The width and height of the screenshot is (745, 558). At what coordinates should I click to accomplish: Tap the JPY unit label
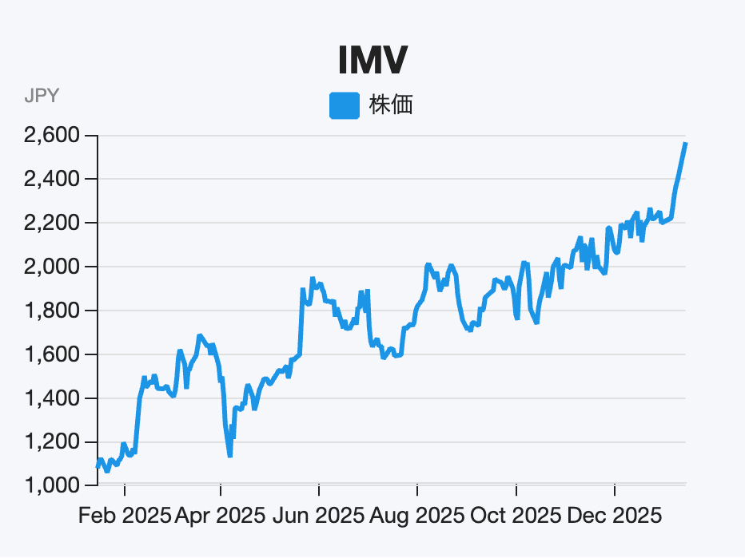pyautogui.click(x=42, y=97)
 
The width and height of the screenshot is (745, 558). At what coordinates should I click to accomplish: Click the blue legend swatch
pyautogui.click(x=344, y=105)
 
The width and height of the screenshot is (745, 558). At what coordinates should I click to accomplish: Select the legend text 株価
pyautogui.click(x=391, y=105)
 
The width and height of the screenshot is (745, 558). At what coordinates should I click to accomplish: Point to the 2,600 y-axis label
pyautogui.click(x=51, y=136)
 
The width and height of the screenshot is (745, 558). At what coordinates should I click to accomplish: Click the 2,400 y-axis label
pyautogui.click(x=51, y=180)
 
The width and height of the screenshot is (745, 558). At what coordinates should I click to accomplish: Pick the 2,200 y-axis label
pyautogui.click(x=51, y=224)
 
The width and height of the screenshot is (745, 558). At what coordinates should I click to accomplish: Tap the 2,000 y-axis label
pyautogui.click(x=51, y=267)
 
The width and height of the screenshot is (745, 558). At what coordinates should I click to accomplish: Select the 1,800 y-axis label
pyautogui.click(x=51, y=311)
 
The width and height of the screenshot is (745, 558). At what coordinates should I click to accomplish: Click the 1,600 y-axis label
pyautogui.click(x=51, y=354)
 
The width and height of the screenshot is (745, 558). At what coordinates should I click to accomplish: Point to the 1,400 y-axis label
pyautogui.click(x=51, y=398)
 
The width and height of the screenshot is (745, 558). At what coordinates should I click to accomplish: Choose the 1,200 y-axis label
pyautogui.click(x=51, y=442)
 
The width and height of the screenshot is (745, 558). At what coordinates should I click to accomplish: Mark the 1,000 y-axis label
pyautogui.click(x=51, y=485)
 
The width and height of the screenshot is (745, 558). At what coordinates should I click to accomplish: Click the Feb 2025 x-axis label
pyautogui.click(x=125, y=516)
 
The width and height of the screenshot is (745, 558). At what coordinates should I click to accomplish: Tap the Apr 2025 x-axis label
pyautogui.click(x=221, y=516)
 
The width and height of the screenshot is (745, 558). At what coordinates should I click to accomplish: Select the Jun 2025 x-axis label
pyautogui.click(x=319, y=516)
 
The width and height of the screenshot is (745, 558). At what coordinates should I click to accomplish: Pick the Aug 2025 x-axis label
pyautogui.click(x=417, y=516)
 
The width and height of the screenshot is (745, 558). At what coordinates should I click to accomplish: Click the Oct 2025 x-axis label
pyautogui.click(x=516, y=516)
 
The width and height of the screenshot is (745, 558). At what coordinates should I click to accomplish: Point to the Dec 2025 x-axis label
pyautogui.click(x=615, y=516)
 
